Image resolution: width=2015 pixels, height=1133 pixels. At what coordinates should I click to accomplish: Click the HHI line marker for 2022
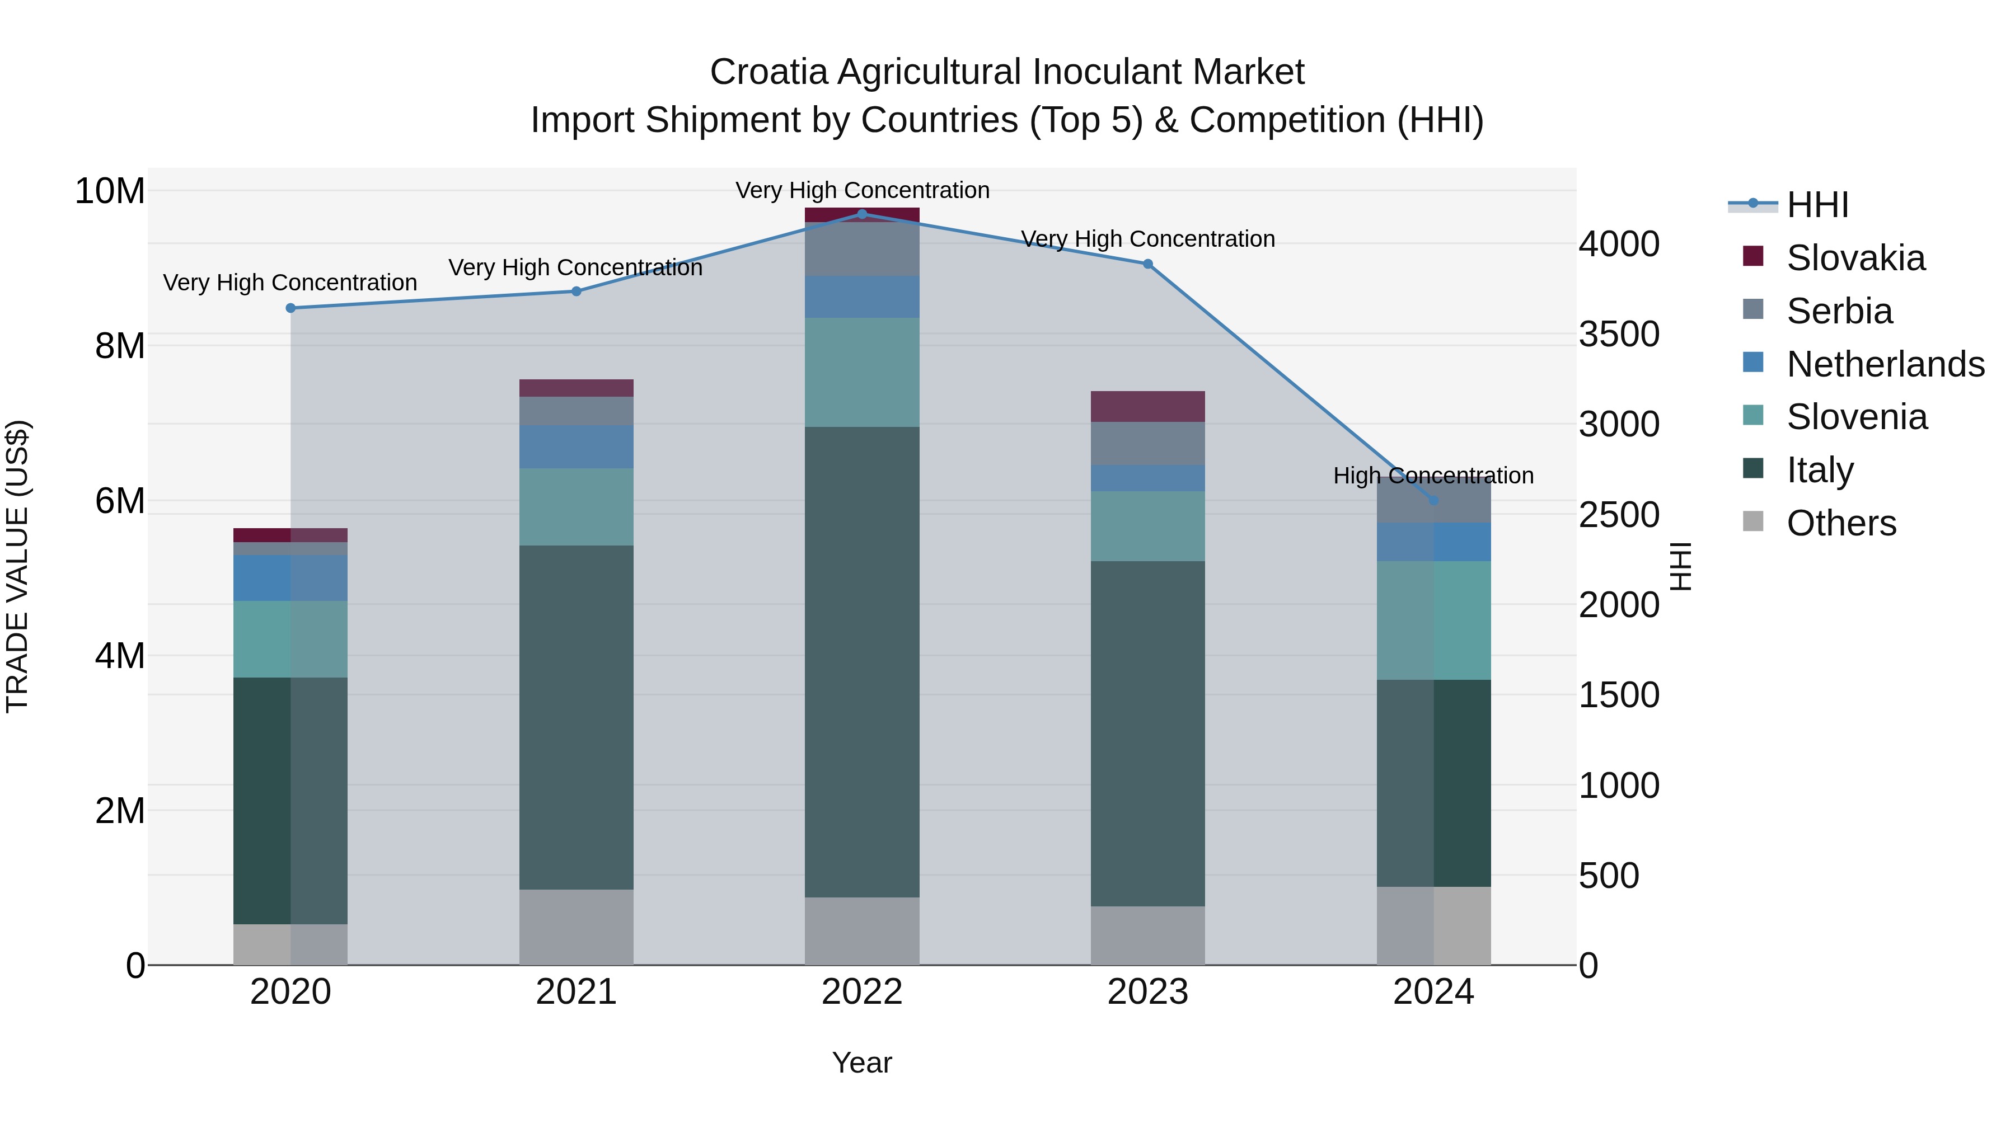click(862, 214)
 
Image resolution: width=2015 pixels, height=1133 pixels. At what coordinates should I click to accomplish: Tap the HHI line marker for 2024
click(1433, 500)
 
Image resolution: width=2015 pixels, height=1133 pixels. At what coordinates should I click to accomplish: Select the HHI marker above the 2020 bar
click(290, 308)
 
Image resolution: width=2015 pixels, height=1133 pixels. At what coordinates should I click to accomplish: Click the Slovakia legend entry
click(1855, 258)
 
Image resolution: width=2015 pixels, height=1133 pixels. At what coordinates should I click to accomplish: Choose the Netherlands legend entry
click(1885, 364)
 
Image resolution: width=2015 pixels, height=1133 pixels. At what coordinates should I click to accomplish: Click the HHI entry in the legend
click(1817, 205)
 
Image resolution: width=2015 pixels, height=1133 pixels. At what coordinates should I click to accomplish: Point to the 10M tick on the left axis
click(110, 191)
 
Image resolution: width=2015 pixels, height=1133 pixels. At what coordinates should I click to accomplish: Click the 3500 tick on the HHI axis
click(1618, 334)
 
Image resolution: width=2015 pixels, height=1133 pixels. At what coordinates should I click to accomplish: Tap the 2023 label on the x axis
click(1147, 992)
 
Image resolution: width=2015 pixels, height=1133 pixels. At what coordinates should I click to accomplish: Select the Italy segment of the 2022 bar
click(862, 661)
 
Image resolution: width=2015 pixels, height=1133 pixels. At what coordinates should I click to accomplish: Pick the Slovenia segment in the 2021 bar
click(577, 507)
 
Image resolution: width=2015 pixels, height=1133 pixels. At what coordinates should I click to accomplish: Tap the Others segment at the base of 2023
click(1147, 935)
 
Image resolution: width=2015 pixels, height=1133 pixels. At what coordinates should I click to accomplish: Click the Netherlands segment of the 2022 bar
click(862, 297)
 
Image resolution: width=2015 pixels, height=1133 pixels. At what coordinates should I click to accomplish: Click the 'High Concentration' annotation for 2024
click(1433, 476)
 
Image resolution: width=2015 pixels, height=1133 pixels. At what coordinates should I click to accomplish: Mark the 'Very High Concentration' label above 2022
click(862, 190)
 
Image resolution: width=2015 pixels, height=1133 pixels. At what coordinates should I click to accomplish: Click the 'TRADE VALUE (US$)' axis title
click(17, 566)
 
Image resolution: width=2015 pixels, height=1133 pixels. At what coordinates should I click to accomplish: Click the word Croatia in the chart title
click(768, 72)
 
